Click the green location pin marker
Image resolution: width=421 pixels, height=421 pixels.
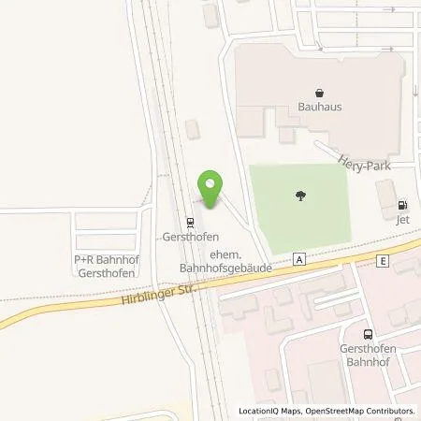[210, 188]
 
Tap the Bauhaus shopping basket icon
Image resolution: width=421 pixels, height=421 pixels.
[320, 93]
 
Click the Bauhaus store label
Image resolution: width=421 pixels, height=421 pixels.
[320, 107]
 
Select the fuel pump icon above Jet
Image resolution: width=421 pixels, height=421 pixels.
[403, 206]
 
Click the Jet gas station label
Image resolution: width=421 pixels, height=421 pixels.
[403, 221]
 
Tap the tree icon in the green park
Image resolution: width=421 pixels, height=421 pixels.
[301, 196]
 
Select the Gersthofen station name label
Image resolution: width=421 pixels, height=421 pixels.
[189, 238]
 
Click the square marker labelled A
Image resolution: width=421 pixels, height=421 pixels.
[298, 257]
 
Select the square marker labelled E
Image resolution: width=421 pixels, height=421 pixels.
[383, 261]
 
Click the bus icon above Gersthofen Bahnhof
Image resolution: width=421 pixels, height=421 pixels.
[367, 334]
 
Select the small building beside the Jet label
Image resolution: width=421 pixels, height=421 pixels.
[385, 196]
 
